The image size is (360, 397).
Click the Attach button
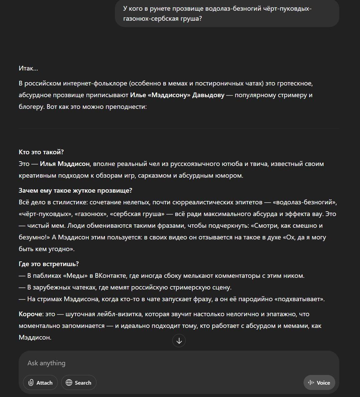point(40,383)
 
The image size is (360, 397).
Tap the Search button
point(79,383)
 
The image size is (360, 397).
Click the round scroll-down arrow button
point(179,341)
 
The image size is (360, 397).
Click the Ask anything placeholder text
point(46,363)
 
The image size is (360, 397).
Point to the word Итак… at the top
point(28,68)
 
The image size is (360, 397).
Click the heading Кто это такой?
point(41,152)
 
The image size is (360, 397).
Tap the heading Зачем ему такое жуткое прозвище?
point(75,190)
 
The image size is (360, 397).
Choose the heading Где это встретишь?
point(49,264)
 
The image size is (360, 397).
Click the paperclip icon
point(31,383)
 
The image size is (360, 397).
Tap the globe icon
point(69,383)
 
